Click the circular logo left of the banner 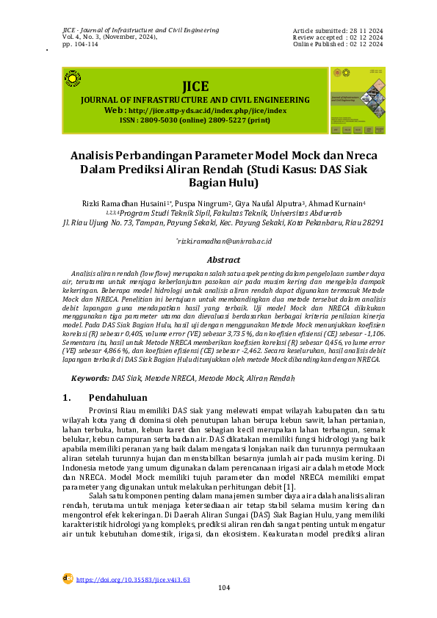(x=73, y=79)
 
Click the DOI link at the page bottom (x=133, y=580)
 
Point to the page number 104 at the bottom (x=224, y=589)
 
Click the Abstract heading (x=224, y=260)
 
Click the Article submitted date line (x=338, y=30)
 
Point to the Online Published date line (x=338, y=45)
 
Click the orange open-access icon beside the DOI (x=67, y=578)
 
